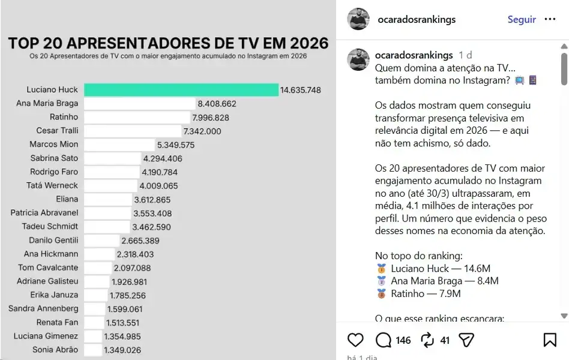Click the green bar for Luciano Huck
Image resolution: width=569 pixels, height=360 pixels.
181,90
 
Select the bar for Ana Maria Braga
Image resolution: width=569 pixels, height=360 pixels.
139,104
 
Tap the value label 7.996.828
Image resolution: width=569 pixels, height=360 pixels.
210,118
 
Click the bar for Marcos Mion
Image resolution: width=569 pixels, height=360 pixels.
119,145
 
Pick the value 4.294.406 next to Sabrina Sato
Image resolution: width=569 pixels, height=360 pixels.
162,158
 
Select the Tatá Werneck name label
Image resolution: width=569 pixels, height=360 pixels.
52,185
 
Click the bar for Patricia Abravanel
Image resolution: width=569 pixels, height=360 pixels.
107,213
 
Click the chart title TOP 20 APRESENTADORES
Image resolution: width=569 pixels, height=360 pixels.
168,43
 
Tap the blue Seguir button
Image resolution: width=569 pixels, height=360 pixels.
521,19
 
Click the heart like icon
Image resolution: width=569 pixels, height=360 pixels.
355,340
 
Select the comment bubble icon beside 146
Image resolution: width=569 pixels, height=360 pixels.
383,340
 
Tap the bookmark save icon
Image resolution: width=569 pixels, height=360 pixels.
549,340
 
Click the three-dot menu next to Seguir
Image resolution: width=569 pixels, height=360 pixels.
550,19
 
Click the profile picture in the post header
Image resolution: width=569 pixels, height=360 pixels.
358,19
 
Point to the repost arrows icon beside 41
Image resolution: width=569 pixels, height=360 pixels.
427,340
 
